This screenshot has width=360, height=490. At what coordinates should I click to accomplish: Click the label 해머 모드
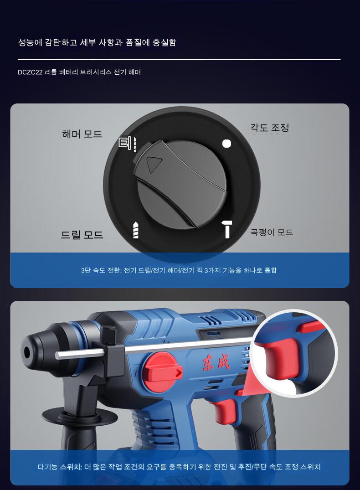[x=82, y=134]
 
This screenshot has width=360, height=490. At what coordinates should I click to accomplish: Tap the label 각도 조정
[x=270, y=128]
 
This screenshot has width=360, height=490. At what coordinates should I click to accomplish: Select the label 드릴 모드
[x=82, y=235]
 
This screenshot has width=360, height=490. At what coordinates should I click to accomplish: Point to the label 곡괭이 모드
[x=272, y=232]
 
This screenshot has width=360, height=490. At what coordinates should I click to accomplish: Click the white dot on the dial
[x=226, y=144]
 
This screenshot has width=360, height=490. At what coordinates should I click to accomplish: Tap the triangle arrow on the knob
[x=154, y=164]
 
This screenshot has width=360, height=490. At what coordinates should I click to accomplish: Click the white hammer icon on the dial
[x=227, y=229]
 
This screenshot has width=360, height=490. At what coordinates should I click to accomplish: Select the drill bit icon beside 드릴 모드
[x=136, y=230]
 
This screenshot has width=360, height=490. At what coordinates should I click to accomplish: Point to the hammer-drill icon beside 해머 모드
[x=128, y=144]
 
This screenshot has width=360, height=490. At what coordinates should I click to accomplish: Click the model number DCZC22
[x=31, y=72]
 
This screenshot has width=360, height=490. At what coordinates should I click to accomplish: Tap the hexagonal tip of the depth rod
[x=58, y=356]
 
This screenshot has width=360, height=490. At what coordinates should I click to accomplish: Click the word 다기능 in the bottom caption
[x=47, y=467]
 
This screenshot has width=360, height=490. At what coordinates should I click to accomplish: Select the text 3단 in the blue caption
[x=85, y=270]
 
